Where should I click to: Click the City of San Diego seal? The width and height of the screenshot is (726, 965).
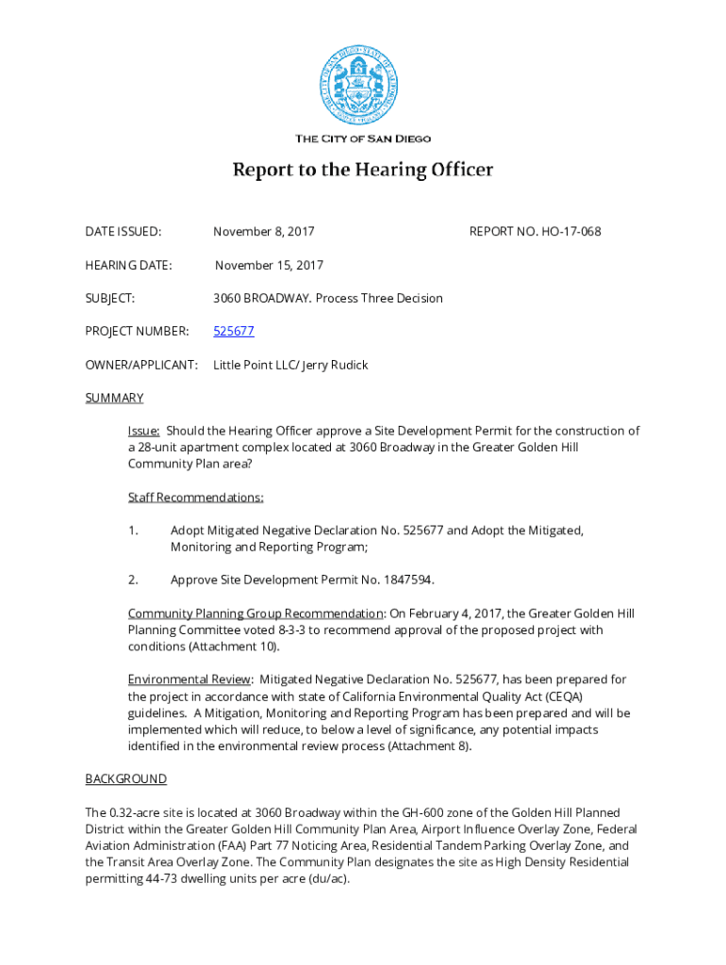363,86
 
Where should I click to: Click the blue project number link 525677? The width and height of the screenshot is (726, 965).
234,332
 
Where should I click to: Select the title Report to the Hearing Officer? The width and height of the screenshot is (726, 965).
363,171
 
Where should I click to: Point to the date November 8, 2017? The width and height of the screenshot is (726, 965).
264,232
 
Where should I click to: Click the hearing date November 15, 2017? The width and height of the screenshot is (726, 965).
269,266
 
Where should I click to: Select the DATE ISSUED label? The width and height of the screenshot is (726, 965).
124,232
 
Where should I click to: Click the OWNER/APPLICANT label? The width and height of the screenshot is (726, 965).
141,365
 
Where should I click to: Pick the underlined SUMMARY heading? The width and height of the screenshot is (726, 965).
114,398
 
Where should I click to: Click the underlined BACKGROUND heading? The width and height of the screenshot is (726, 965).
126,779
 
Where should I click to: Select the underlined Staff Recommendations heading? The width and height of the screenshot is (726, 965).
196,497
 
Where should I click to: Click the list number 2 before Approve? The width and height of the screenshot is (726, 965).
134,580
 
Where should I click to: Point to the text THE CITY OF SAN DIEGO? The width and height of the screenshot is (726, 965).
363,139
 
